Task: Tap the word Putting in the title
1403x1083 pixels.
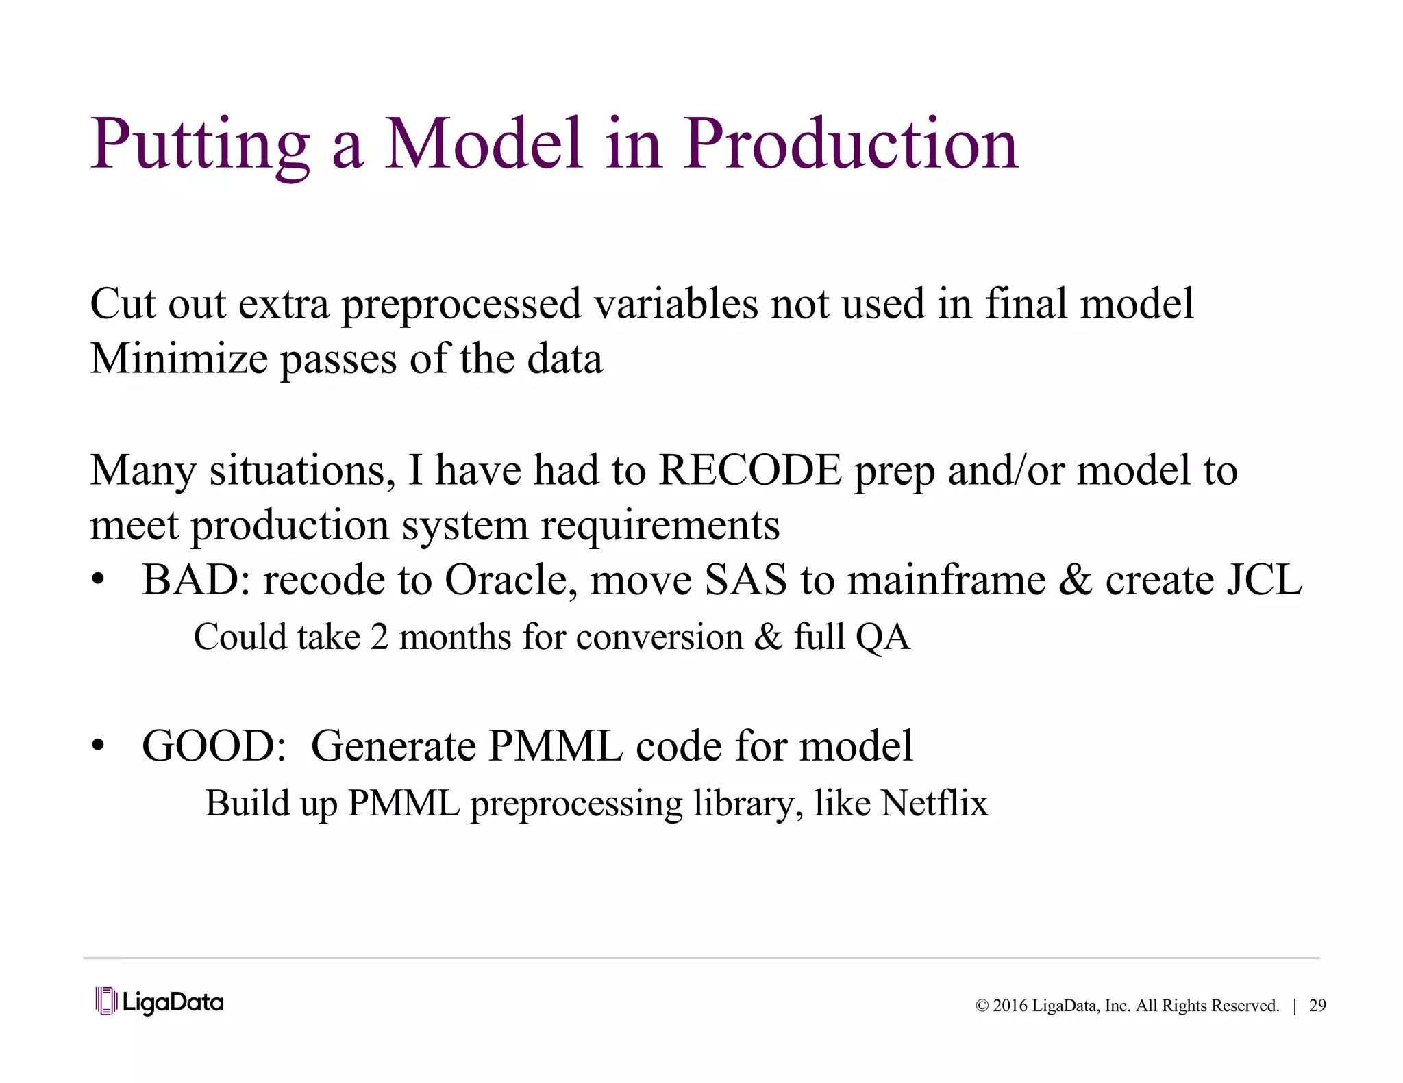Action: [200, 146]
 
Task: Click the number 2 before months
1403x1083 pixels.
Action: [379, 637]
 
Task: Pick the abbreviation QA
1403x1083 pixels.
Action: [882, 637]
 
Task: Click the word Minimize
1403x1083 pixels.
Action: [179, 359]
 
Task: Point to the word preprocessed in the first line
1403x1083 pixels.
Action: [461, 305]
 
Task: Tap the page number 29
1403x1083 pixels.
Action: [1317, 1006]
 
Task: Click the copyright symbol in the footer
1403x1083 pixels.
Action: [982, 1006]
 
